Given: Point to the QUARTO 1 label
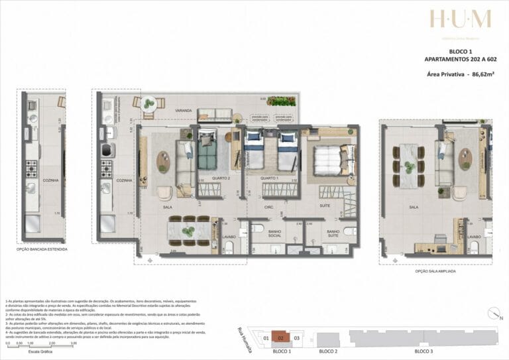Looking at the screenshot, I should (268, 179).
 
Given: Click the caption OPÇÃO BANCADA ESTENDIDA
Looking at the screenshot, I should (43, 249).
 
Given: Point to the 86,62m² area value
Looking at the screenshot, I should (485, 76).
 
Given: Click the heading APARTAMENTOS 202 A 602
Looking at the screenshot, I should (461, 60).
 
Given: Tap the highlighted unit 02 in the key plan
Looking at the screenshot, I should (281, 337).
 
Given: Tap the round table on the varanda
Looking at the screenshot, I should (149, 103).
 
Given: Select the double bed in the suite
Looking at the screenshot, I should (327, 160).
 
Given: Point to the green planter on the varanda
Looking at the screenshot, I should (281, 101).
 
